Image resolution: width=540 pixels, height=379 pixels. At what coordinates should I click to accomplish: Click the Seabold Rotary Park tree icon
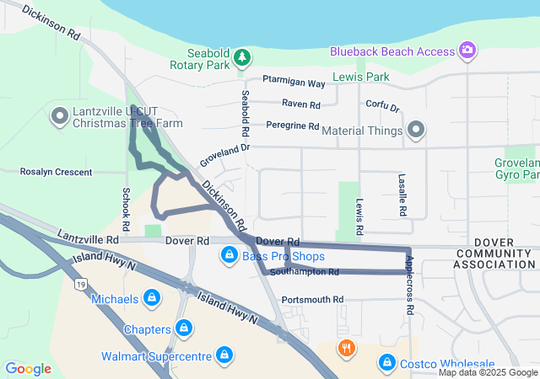(243, 57)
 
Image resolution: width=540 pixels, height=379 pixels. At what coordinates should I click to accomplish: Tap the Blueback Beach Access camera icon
(467, 51)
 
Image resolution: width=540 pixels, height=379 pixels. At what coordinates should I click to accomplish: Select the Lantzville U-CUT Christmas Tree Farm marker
(60, 115)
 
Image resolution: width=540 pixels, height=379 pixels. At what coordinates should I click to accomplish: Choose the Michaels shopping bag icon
(152, 298)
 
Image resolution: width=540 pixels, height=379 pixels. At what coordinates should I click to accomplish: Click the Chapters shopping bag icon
(184, 328)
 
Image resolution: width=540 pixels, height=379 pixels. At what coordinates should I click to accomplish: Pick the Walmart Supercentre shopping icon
(224, 355)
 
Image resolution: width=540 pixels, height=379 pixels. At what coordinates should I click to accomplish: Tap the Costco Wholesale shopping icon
(386, 362)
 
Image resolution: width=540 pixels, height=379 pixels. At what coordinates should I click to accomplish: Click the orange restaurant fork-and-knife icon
(346, 347)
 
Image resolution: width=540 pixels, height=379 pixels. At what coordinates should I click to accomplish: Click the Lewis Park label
(360, 77)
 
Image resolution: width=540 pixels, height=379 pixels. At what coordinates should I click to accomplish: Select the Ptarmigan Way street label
(294, 83)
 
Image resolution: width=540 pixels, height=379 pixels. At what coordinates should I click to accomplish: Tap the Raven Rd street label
(301, 104)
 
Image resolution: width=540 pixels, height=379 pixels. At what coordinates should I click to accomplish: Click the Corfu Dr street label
(383, 107)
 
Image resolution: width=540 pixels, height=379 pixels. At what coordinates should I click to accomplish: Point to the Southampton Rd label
(305, 272)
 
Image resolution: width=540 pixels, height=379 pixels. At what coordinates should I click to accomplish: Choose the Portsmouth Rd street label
(312, 299)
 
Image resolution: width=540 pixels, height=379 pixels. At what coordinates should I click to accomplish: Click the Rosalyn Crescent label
(56, 171)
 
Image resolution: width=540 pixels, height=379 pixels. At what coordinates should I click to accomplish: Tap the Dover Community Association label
(494, 259)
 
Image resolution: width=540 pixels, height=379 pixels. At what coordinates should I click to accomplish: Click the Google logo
(29, 368)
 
